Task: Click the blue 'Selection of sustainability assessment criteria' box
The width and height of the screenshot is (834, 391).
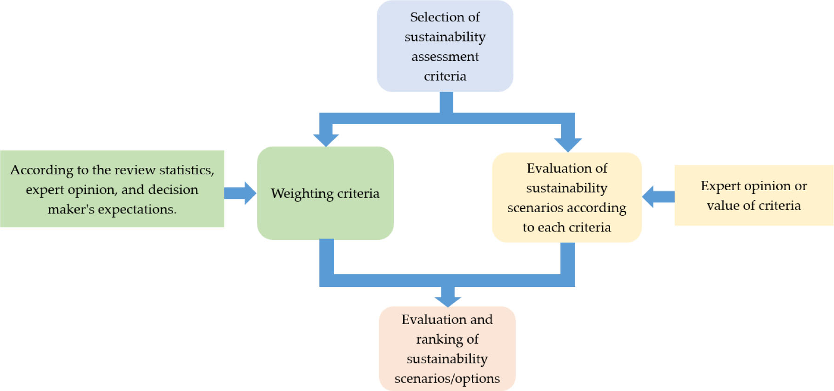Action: (445, 46)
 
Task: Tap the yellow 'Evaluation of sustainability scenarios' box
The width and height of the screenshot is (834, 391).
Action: (567, 197)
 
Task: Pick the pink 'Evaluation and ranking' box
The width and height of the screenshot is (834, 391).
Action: (447, 349)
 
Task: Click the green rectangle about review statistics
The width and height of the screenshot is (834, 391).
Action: (112, 189)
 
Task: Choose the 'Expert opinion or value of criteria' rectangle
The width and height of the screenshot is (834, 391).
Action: (753, 195)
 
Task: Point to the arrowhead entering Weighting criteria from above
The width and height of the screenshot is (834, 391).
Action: (326, 139)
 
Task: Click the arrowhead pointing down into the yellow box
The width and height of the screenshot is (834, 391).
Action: (568, 144)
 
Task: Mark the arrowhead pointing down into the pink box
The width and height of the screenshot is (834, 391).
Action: (448, 300)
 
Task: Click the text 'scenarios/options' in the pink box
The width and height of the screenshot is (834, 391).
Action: (447, 378)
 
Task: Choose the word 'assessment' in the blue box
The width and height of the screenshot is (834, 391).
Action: (445, 57)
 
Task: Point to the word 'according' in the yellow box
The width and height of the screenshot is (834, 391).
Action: (599, 208)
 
